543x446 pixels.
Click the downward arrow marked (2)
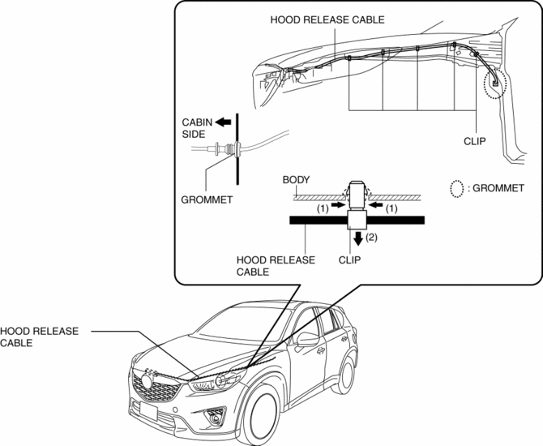(357, 238)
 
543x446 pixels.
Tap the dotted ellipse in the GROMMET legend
(457, 188)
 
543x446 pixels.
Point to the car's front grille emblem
(146, 380)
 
